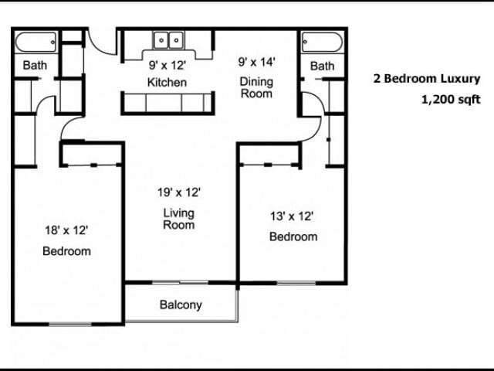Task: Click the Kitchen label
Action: (x=167, y=83)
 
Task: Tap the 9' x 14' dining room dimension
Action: (x=257, y=62)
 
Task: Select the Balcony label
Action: (x=181, y=305)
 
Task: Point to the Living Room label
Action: (x=178, y=219)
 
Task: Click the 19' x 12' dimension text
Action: (x=179, y=192)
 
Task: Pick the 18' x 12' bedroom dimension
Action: (x=66, y=230)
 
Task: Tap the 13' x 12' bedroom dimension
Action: (x=292, y=216)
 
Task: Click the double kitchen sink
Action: (x=168, y=40)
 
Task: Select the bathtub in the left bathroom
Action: (x=36, y=42)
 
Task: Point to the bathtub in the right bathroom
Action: (x=322, y=42)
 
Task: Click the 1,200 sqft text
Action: (x=451, y=100)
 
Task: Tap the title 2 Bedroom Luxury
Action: (x=427, y=79)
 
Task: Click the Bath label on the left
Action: (x=35, y=65)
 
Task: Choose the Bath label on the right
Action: (x=323, y=66)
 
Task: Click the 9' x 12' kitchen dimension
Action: (x=167, y=65)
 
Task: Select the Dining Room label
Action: (x=256, y=87)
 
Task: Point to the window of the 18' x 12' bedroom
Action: (x=70, y=324)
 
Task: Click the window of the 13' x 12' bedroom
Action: (x=296, y=283)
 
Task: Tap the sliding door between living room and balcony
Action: (x=180, y=283)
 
